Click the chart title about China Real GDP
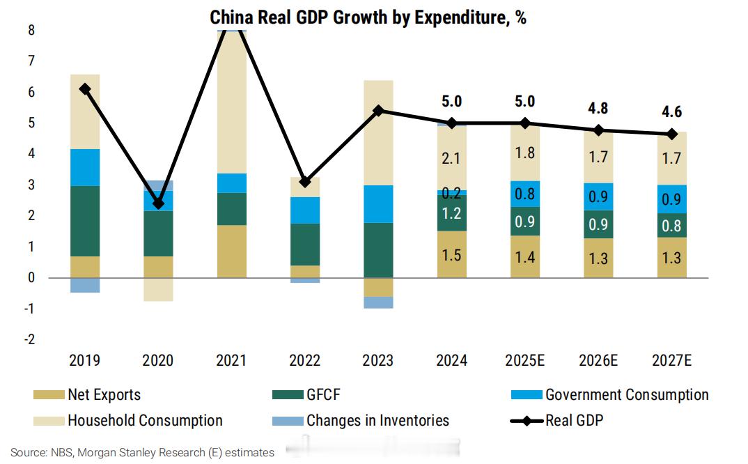click(x=368, y=17)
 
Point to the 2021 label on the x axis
click(x=231, y=361)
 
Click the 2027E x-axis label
click(x=672, y=361)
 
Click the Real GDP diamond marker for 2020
click(x=158, y=203)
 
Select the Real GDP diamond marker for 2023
click(x=378, y=111)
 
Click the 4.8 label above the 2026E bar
click(x=598, y=108)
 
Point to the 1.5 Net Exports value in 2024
click(x=452, y=255)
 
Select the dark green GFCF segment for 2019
click(x=84, y=221)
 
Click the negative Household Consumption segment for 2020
click(x=158, y=289)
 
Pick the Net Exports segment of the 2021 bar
click(x=231, y=252)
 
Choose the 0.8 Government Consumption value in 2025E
click(x=525, y=194)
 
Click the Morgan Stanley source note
click(x=143, y=453)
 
